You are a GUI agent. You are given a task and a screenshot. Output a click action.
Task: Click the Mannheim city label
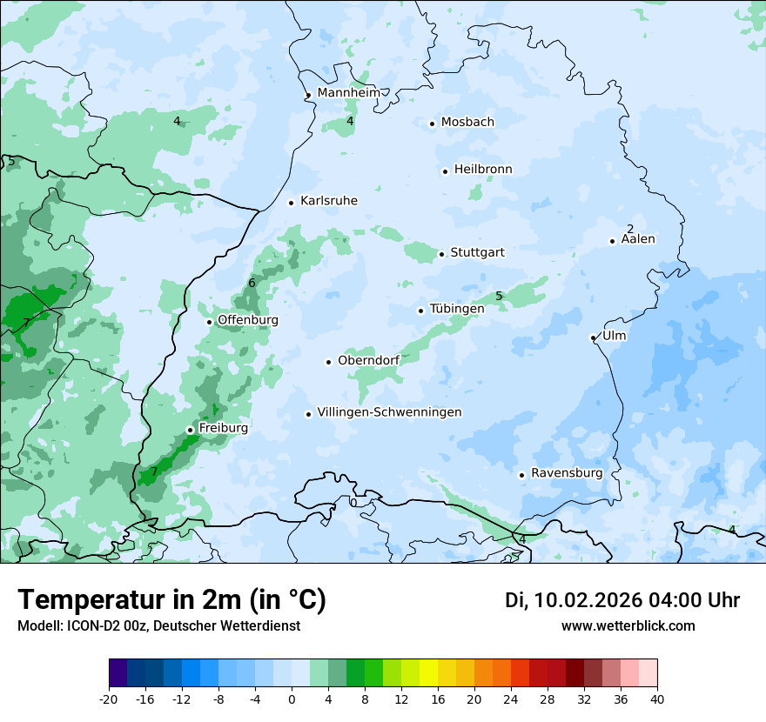tap(348, 93)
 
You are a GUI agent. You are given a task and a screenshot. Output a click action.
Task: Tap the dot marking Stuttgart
tap(442, 254)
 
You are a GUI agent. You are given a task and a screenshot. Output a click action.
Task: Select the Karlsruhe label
tap(328, 201)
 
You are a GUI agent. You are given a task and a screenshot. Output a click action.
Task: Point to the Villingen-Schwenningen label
tap(389, 412)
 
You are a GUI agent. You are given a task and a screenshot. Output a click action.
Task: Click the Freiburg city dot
tap(190, 430)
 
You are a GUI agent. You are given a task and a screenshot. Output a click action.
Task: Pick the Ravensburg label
tap(566, 473)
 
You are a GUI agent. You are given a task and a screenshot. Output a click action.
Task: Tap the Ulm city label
tap(614, 336)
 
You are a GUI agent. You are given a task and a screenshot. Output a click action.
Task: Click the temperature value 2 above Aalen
tap(630, 229)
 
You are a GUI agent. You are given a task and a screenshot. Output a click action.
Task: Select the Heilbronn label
tap(483, 170)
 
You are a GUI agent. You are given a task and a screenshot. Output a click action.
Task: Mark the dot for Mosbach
tap(432, 124)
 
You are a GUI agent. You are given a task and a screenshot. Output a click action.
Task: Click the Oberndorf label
tap(368, 360)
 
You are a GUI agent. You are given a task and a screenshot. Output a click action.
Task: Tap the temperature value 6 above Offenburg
tap(252, 283)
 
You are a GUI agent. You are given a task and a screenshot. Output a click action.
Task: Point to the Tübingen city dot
tap(421, 311)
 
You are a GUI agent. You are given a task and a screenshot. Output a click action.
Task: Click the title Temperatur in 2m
tap(171, 600)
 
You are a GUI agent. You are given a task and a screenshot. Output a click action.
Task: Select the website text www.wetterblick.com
tap(628, 626)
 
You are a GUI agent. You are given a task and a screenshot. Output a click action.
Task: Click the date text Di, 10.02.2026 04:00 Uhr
tap(622, 600)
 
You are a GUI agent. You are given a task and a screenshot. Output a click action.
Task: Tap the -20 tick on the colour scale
tap(109, 699)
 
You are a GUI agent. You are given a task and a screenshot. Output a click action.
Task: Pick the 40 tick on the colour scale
tap(657, 699)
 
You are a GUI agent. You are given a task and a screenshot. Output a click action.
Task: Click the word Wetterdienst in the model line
tap(264, 626)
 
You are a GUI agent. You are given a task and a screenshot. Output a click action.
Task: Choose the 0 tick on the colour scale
tap(292, 699)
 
